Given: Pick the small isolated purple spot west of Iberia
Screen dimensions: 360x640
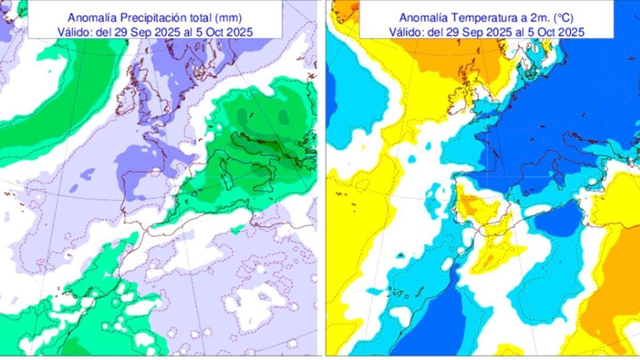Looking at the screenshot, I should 89,172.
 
